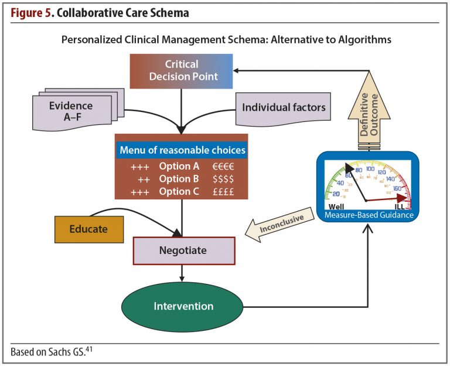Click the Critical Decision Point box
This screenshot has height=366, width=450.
[x=182, y=70]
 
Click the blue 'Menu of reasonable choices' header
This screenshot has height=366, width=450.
[x=182, y=150]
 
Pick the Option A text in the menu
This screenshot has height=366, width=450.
[x=179, y=166]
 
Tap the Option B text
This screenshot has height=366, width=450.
[x=179, y=178]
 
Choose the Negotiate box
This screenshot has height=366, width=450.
[x=183, y=250]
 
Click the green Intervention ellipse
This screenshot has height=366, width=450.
[x=183, y=306]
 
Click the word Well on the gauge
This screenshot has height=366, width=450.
[x=337, y=207]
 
